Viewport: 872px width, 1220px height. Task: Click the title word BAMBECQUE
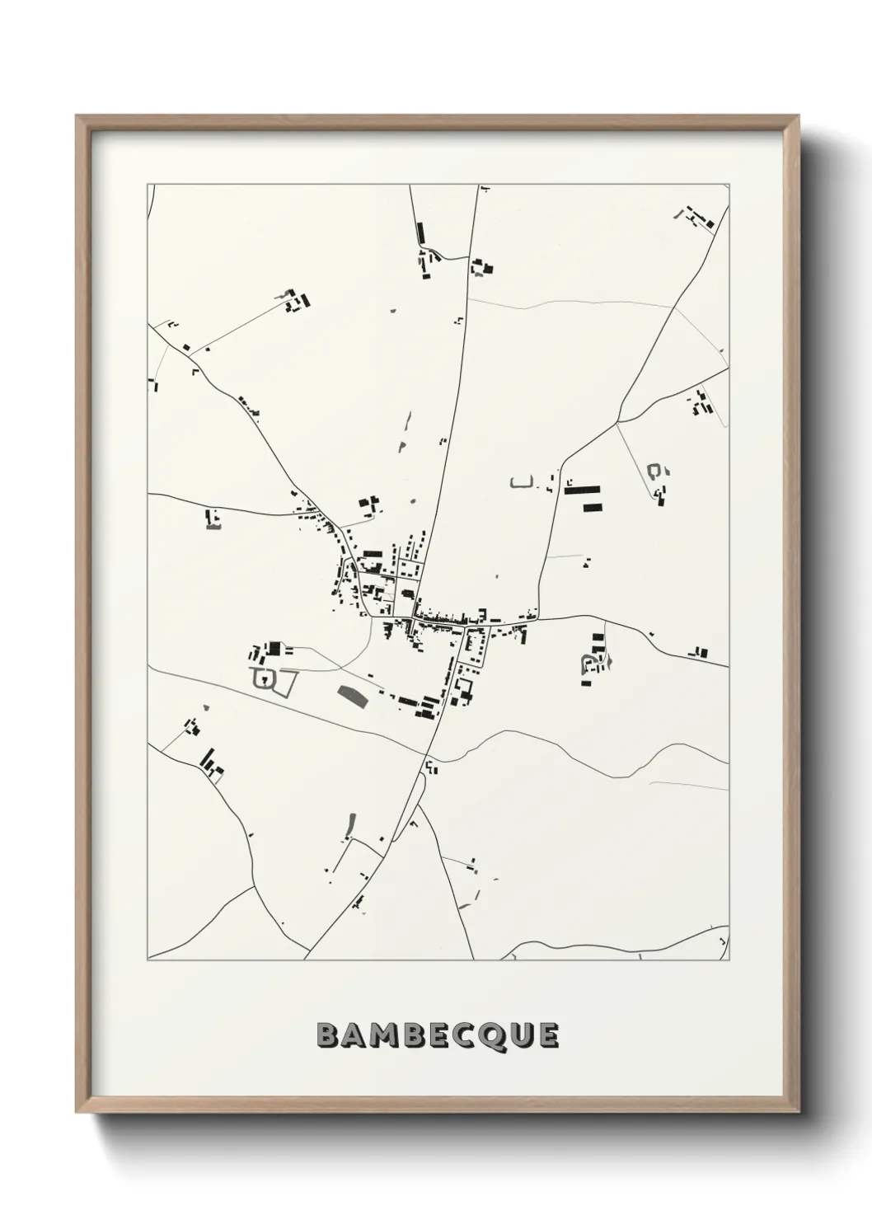(438, 1035)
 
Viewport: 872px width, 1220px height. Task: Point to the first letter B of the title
(327, 1035)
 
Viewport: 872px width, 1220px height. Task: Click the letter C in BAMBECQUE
(467, 1035)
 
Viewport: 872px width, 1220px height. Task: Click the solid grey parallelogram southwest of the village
(353, 697)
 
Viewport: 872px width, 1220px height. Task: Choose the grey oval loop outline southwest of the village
(264, 679)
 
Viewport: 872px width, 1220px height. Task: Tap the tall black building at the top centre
(419, 233)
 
